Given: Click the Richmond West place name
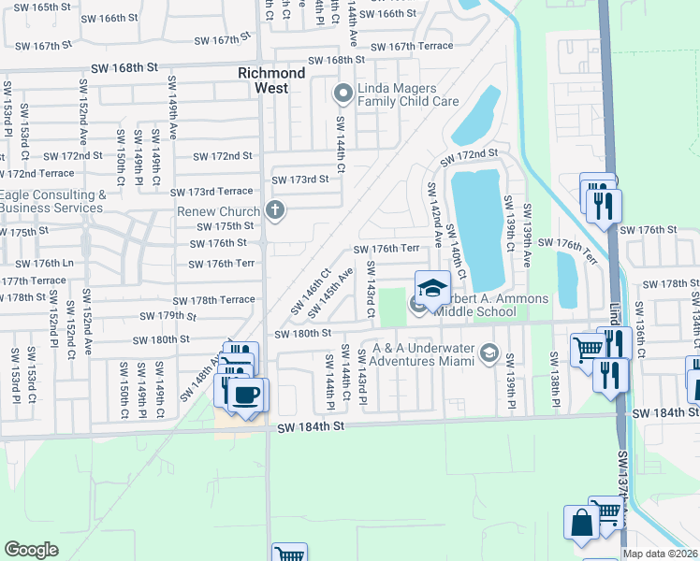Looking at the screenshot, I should pyautogui.click(x=270, y=80).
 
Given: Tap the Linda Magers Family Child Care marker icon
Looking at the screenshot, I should pyautogui.click(x=343, y=92).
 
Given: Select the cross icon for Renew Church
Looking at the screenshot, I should pyautogui.click(x=274, y=209).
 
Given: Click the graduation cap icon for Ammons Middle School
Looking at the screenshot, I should pyautogui.click(x=432, y=288).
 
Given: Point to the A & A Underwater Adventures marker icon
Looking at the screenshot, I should pyautogui.click(x=488, y=352).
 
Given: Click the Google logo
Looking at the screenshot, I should pyautogui.click(x=31, y=550).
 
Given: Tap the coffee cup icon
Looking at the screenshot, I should pyautogui.click(x=248, y=395).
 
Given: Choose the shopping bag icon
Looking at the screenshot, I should pyautogui.click(x=581, y=523).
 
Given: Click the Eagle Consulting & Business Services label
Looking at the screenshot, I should pyautogui.click(x=52, y=201).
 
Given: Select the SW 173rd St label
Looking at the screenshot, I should pyautogui.click(x=299, y=180).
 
